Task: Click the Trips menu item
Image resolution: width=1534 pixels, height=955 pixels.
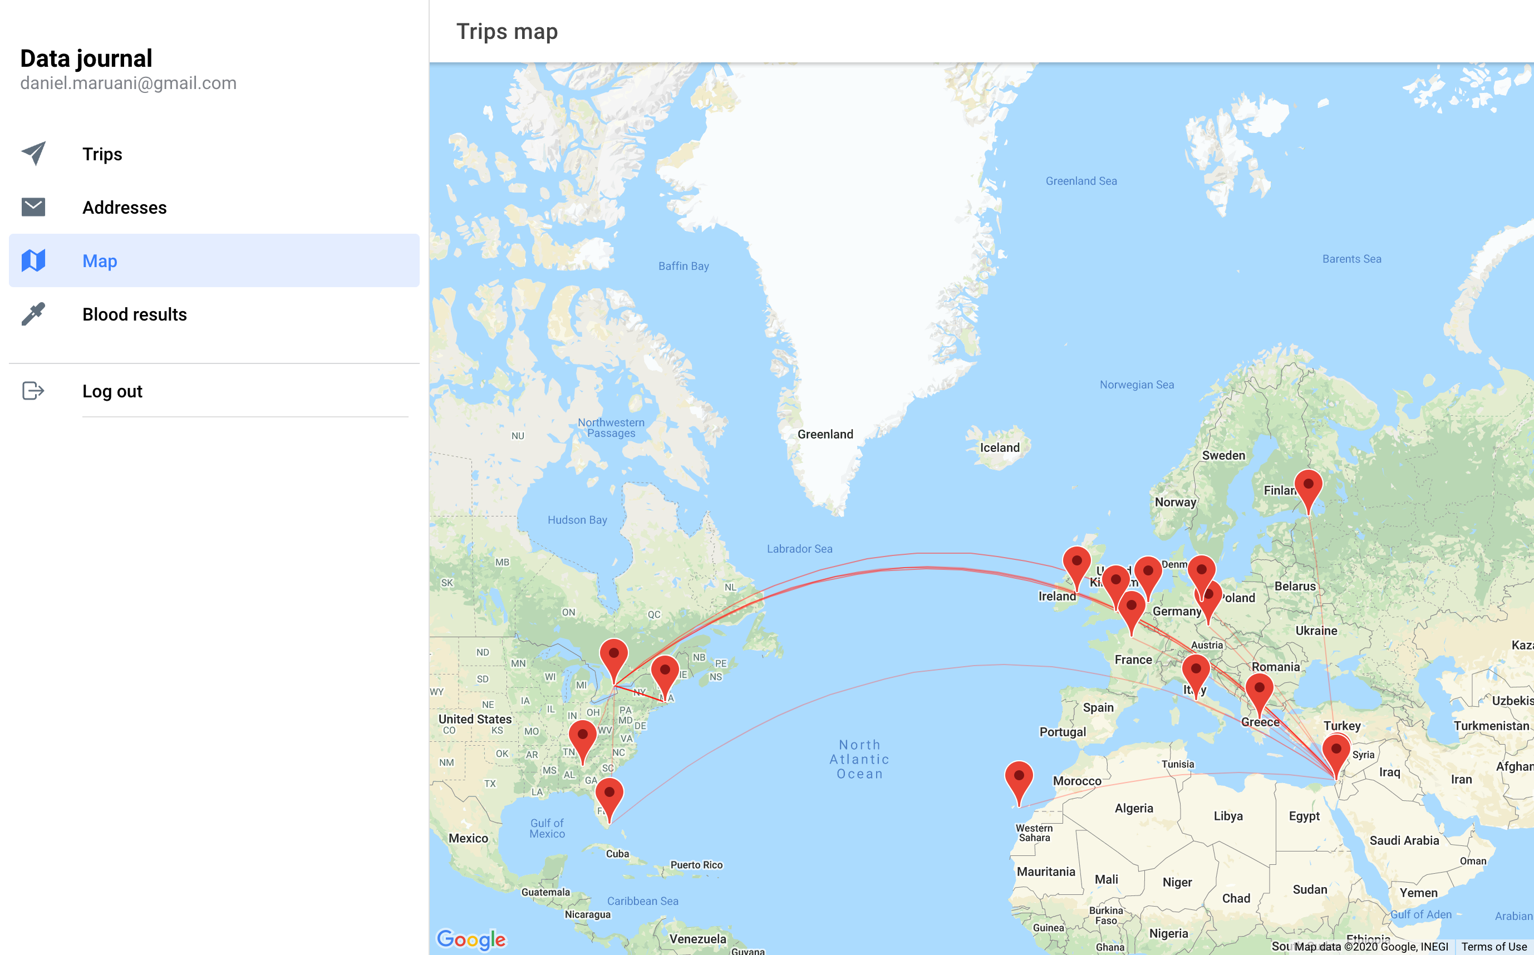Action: point(102,154)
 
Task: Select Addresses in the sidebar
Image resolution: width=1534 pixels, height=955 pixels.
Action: point(125,207)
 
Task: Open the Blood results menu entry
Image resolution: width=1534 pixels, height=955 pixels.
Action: point(135,314)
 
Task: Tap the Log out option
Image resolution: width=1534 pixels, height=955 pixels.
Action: point(112,391)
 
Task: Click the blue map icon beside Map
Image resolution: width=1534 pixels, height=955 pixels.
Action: point(33,260)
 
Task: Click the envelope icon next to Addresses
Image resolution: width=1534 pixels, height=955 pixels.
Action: point(33,206)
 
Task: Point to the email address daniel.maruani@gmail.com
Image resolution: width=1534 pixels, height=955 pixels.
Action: point(128,83)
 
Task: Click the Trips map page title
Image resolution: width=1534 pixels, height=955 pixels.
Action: point(507,32)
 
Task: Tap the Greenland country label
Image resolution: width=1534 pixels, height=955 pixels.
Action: point(825,435)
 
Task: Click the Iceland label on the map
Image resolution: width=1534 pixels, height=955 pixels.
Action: point(1000,448)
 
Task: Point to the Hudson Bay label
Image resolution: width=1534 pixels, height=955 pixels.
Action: point(577,520)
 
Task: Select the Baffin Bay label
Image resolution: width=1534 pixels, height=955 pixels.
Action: point(684,266)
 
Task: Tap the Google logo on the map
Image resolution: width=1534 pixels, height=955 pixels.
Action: point(471,939)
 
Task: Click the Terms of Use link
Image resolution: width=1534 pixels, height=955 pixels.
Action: point(1493,946)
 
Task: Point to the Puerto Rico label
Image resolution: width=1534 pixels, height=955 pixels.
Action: point(696,865)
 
